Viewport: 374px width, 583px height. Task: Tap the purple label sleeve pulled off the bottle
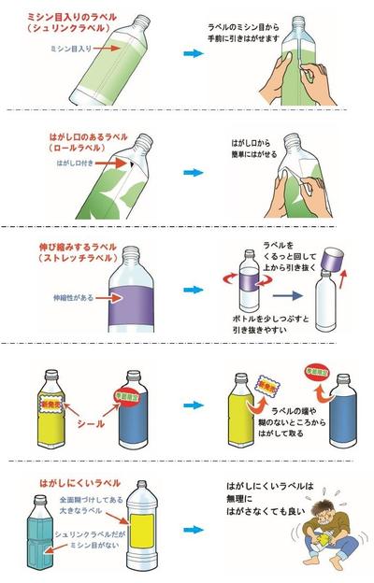point(333,259)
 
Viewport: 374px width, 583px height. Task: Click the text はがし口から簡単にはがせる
point(257,152)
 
